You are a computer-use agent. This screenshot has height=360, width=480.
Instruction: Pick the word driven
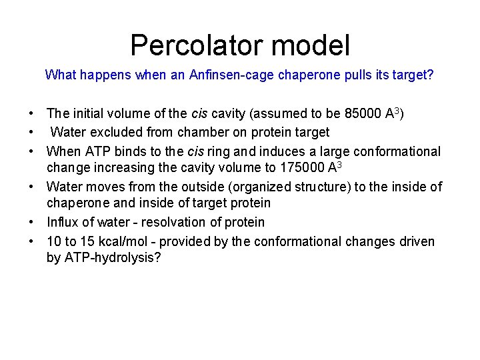[x=417, y=241]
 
